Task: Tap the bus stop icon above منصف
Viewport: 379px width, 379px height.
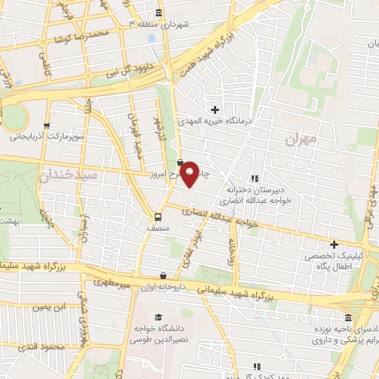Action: coord(157,217)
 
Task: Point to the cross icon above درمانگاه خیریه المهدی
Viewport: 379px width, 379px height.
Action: coord(215,110)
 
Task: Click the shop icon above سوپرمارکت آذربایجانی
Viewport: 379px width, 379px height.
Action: coord(47,125)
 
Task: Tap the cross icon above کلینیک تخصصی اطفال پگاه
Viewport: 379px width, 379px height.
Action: coord(334,244)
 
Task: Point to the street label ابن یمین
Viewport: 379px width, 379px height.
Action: coord(53,306)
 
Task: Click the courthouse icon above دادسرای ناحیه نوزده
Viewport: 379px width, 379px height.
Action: coord(348,318)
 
